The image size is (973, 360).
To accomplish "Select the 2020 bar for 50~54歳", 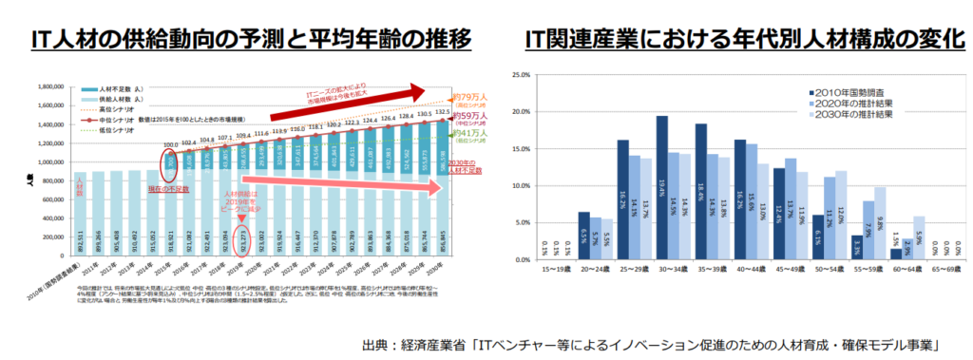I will click(830, 218).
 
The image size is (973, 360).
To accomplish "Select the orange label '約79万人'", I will click(468, 95).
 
